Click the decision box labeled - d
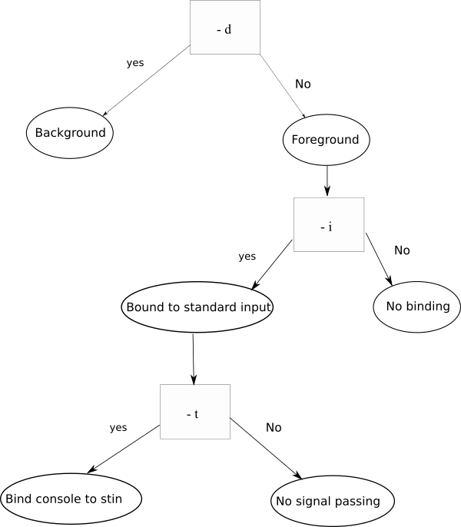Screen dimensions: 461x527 [x=225, y=27]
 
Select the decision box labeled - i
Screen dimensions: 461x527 [x=329, y=224]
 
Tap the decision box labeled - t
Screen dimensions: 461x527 [x=195, y=412]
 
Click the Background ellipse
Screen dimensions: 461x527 [x=70, y=133]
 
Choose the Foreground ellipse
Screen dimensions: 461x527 [x=327, y=140]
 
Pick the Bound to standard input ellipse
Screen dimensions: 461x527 [x=197, y=307]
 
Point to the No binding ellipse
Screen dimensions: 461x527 [x=417, y=307]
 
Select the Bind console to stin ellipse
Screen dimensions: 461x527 [x=71, y=499]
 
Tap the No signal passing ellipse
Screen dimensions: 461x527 [x=333, y=501]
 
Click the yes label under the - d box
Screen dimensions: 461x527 [x=135, y=63]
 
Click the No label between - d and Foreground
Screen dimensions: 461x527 [x=303, y=84]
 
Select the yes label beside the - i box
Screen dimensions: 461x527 [x=247, y=257]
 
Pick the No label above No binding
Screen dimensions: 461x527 [x=402, y=250]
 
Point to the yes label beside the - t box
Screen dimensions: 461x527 [x=118, y=427]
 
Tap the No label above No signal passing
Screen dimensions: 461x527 [x=274, y=427]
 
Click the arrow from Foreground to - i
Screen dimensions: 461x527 [x=327, y=181]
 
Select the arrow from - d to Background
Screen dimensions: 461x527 [x=147, y=81]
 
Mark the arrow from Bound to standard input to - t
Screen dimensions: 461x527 [x=194, y=360]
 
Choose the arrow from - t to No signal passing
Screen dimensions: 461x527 [x=266, y=449]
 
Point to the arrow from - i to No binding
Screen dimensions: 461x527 [x=379, y=259]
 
